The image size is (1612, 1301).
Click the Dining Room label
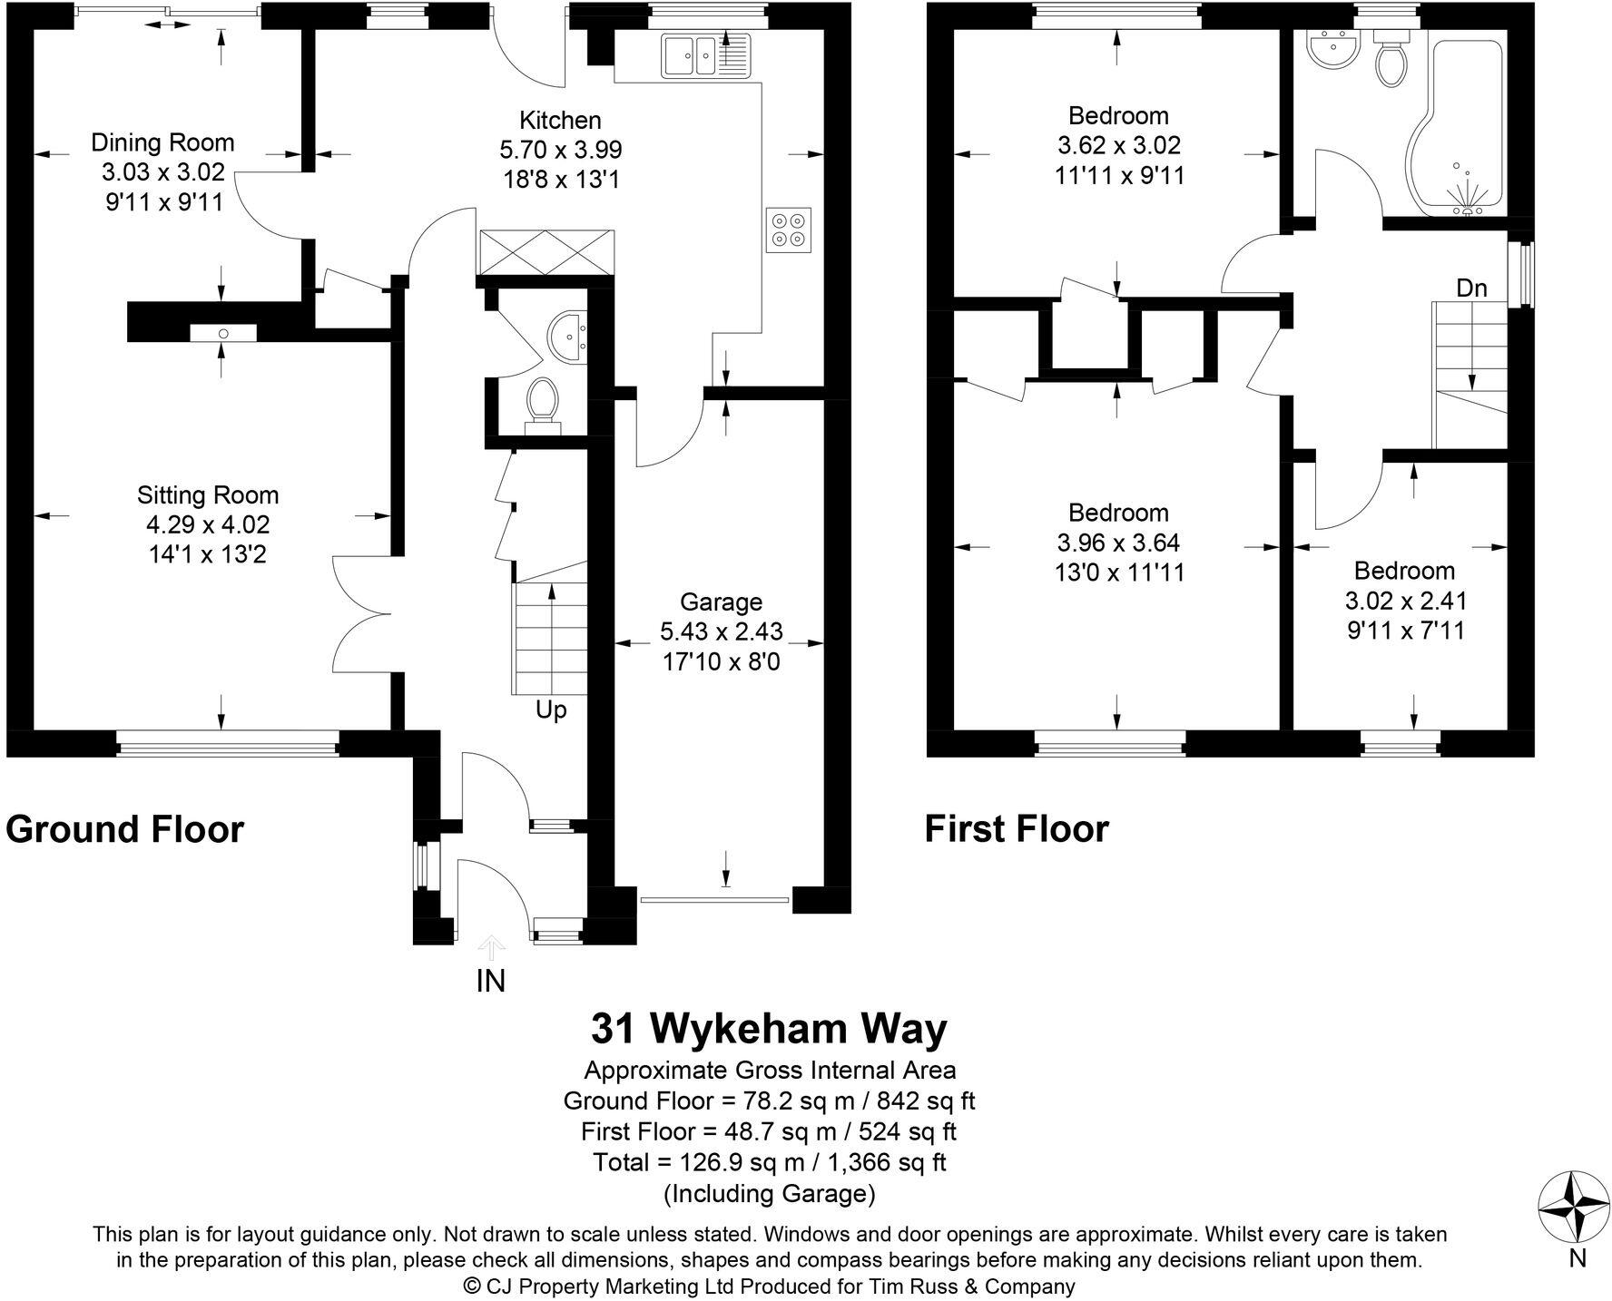162,142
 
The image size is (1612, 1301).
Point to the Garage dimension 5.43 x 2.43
722,631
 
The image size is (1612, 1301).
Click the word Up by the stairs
551,709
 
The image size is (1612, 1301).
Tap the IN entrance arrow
491,949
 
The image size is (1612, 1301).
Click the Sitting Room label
208,495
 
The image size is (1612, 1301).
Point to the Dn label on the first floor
1472,289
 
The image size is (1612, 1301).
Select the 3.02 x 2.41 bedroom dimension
1405,601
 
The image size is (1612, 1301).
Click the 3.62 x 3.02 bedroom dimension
1119,145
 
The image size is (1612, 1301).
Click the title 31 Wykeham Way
769,1029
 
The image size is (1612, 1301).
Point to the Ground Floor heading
125,829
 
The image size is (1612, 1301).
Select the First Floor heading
1017,829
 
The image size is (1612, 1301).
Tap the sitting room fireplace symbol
223,334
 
